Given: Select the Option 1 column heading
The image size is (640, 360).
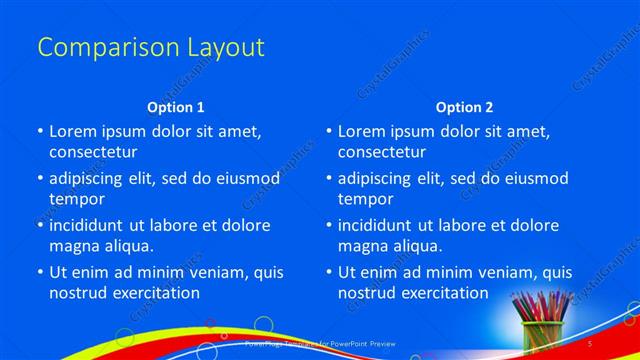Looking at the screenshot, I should point(175,107).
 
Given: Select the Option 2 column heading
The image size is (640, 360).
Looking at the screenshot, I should point(464,107).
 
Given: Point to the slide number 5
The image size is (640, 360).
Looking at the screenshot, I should point(590,343).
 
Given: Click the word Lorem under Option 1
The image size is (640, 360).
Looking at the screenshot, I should point(73,131).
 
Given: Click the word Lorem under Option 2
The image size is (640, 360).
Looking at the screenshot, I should point(362,131).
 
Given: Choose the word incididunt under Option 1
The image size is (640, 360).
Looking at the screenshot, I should point(93,225).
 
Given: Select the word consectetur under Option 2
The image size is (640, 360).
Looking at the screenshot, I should point(381,151).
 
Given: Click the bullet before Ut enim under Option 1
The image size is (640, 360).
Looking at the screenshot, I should point(39,272).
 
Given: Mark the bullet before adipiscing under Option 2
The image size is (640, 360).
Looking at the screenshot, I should point(328,178).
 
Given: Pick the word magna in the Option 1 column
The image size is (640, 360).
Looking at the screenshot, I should point(73,245).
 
